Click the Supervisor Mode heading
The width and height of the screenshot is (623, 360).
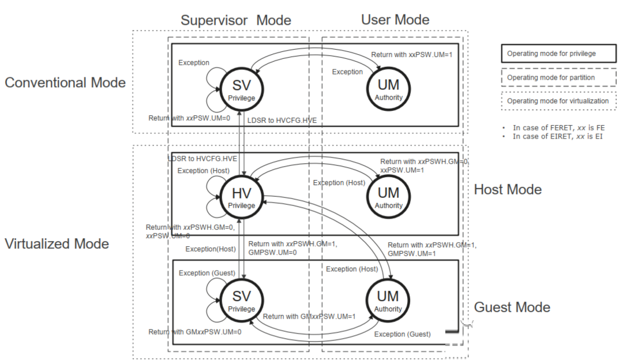[236, 20]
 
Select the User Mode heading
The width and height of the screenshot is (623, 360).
[395, 20]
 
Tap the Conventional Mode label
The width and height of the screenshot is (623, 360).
[65, 82]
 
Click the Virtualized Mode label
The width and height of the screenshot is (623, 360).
[57, 243]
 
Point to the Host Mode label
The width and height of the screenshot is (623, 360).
[508, 190]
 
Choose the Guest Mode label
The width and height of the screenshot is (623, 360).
[512, 307]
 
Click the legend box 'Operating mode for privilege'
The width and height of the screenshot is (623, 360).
[558, 54]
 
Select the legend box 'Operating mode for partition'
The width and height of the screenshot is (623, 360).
[558, 77]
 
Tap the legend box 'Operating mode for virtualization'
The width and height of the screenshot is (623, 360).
[558, 101]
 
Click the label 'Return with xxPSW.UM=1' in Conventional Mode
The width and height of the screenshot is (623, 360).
[412, 55]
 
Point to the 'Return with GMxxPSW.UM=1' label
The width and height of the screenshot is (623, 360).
[309, 316]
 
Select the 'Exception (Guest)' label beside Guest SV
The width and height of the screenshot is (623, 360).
[207, 273]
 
